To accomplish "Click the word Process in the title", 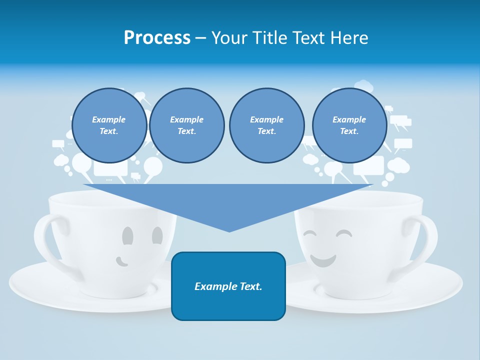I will [157, 38].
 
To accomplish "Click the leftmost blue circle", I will [109, 125].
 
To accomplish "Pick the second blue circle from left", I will [186, 125].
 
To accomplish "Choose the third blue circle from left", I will [266, 125].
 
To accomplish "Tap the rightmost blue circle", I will [349, 125].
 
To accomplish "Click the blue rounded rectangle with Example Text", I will [228, 286].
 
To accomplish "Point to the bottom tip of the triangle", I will [229, 230].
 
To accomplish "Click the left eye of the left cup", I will [128, 235].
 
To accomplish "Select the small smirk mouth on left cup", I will [121, 261].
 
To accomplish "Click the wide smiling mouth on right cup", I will [322, 260].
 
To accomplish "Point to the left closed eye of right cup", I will [310, 233].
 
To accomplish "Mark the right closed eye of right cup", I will [344, 233].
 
